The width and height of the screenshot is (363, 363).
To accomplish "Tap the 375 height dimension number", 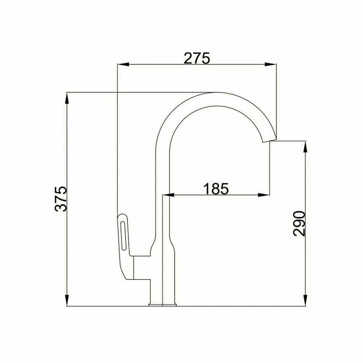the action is tap(61, 199).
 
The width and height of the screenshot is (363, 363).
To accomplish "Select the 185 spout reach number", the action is tap(216, 188).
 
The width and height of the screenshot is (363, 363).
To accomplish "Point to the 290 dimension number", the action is tap(299, 223).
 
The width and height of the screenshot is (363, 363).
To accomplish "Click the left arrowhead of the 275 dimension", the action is tap(123, 64).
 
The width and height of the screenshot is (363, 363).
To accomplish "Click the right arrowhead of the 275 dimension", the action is tap(271, 64).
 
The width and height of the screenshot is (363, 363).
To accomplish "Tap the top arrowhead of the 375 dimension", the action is tap(67, 98).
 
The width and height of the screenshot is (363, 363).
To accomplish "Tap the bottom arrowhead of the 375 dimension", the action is tap(67, 300).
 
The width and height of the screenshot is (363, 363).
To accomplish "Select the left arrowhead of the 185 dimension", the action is tap(168, 195).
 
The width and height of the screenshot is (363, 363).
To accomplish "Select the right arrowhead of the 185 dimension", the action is tap(264, 195).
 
